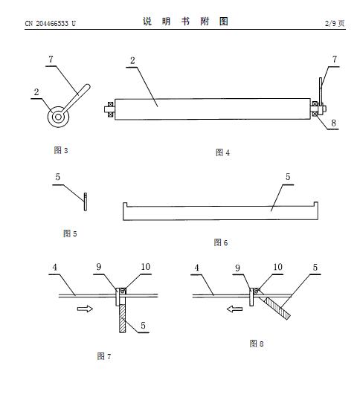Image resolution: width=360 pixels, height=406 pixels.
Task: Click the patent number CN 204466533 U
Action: coord(51,23)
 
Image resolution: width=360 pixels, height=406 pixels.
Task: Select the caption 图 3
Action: coord(61,150)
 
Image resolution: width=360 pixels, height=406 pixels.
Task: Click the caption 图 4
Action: coord(222,152)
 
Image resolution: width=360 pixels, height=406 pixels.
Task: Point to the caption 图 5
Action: coord(70,233)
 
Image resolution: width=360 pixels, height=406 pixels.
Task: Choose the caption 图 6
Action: coord(221,242)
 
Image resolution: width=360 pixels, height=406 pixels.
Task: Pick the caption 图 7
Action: coord(104,356)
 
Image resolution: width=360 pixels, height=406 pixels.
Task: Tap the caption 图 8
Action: coord(257,344)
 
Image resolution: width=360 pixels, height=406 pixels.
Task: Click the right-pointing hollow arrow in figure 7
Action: coord(85,309)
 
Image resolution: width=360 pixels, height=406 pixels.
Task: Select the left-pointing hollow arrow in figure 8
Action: coord(234,309)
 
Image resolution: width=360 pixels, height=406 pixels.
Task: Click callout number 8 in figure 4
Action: coord(333,123)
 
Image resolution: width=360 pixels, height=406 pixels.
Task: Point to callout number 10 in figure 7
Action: coord(146,267)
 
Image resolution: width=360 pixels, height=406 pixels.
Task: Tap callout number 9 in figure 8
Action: coord(237,268)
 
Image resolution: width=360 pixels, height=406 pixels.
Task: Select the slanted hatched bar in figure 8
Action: coord(275,308)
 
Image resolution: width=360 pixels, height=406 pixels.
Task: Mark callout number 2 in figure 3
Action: coord(36,92)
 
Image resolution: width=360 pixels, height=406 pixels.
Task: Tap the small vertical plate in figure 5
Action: coord(86,202)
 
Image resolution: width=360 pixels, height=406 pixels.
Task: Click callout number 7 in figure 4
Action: coord(335,59)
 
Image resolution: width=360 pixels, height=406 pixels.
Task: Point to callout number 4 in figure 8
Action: coord(197,268)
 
